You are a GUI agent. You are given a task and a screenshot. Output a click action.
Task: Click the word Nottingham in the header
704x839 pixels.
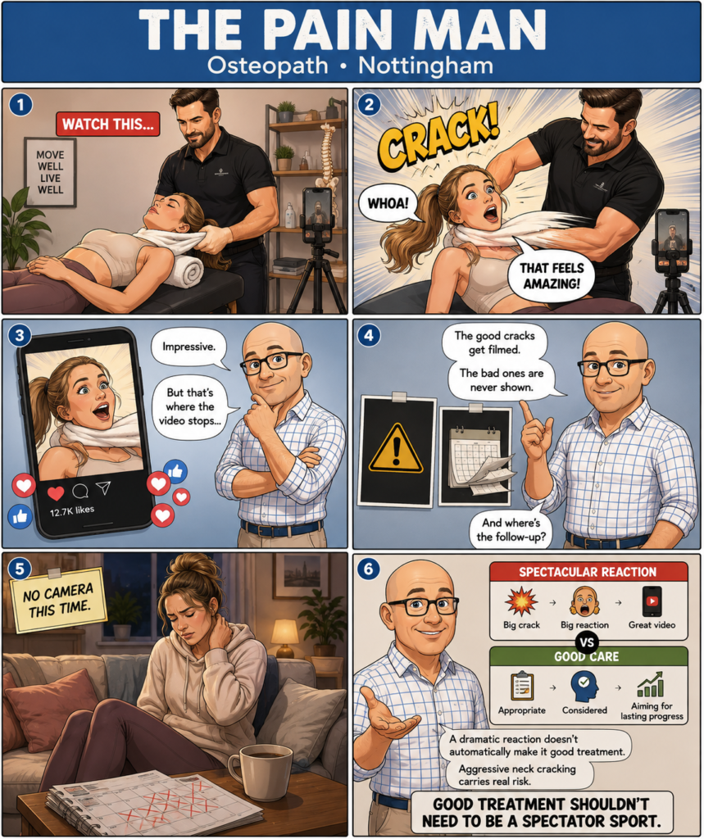coord(425,66)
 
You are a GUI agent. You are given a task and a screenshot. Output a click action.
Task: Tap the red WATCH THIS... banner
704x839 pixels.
coord(108,125)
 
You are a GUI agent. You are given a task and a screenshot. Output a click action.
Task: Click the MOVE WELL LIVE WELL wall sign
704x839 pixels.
coord(50,172)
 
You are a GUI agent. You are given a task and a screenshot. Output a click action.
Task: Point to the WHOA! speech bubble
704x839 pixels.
coord(388,204)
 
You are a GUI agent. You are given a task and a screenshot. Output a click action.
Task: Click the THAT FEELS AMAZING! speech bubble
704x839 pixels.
coord(551,275)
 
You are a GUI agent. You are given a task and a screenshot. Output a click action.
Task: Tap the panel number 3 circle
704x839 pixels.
coord(20,335)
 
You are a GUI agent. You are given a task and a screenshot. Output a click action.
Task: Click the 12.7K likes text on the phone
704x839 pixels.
coord(72,511)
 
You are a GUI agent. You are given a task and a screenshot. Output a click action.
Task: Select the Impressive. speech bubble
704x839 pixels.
coord(189,347)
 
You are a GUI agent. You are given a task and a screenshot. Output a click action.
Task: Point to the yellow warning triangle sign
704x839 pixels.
coord(396,450)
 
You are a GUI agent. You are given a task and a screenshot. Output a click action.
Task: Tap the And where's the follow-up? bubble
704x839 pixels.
coord(511,530)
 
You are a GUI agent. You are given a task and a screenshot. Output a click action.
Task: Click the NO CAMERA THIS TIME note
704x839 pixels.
coord(58,599)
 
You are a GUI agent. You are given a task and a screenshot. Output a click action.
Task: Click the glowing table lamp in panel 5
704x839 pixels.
coord(285,637)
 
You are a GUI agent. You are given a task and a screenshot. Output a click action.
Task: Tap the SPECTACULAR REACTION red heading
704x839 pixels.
coord(588,572)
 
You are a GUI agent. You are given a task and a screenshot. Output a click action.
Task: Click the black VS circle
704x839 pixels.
coord(588,642)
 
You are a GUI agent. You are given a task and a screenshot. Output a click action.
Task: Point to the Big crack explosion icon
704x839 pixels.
coord(521,601)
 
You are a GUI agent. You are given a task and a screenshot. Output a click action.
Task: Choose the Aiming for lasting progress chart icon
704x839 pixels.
coord(651,685)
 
